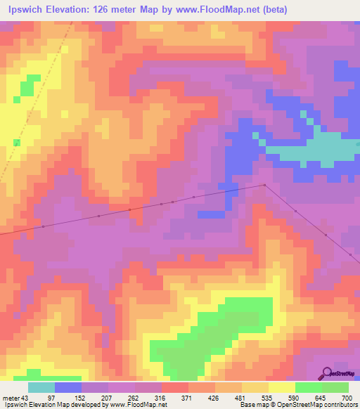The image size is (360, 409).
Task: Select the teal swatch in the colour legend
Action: click(x=41, y=388)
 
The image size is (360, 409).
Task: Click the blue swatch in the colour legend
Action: click(x=68, y=388)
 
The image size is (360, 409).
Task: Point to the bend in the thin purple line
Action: click(x=264, y=185)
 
